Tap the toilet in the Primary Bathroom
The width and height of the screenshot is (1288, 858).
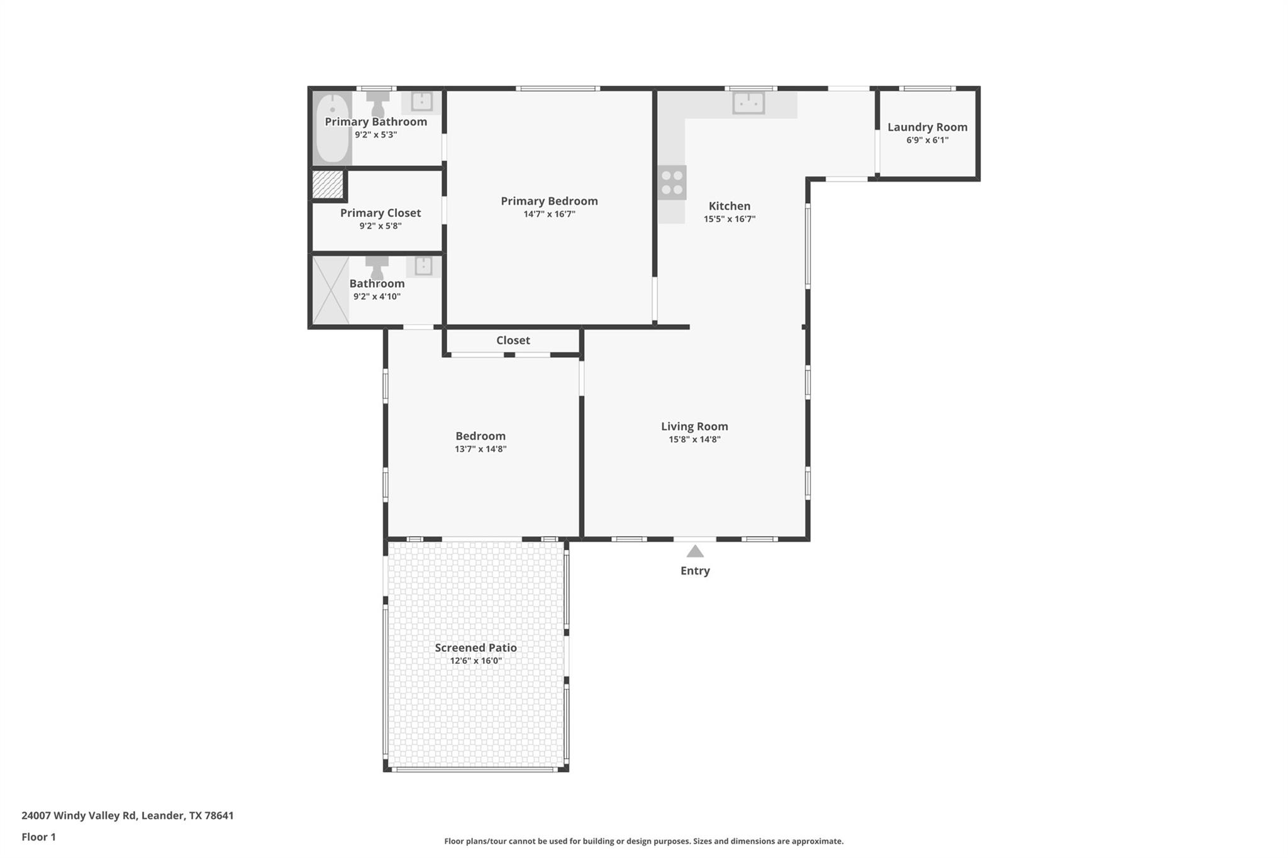(x=378, y=103)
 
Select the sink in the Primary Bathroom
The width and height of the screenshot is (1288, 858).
(x=421, y=101)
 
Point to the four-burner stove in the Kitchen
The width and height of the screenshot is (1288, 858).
(x=672, y=182)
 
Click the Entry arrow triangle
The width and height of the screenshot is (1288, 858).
(x=694, y=552)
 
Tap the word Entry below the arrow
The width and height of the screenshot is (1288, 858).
(x=694, y=571)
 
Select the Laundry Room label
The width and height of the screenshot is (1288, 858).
(x=927, y=127)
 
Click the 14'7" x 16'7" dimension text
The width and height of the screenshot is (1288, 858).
(x=549, y=214)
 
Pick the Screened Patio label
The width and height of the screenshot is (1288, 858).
(x=475, y=647)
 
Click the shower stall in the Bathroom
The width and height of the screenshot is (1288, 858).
(x=331, y=290)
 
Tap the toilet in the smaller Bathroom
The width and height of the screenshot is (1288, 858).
(x=377, y=267)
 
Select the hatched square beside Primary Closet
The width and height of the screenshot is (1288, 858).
(x=328, y=185)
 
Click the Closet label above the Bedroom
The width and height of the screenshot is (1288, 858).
(x=513, y=340)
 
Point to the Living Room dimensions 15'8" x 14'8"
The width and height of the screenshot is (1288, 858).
(x=694, y=439)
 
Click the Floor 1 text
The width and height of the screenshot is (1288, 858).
(x=38, y=837)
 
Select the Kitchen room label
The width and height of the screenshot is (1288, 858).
(x=729, y=206)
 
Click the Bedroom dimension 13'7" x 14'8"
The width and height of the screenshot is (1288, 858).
(x=480, y=449)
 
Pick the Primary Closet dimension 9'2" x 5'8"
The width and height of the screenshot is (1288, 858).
(x=380, y=226)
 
